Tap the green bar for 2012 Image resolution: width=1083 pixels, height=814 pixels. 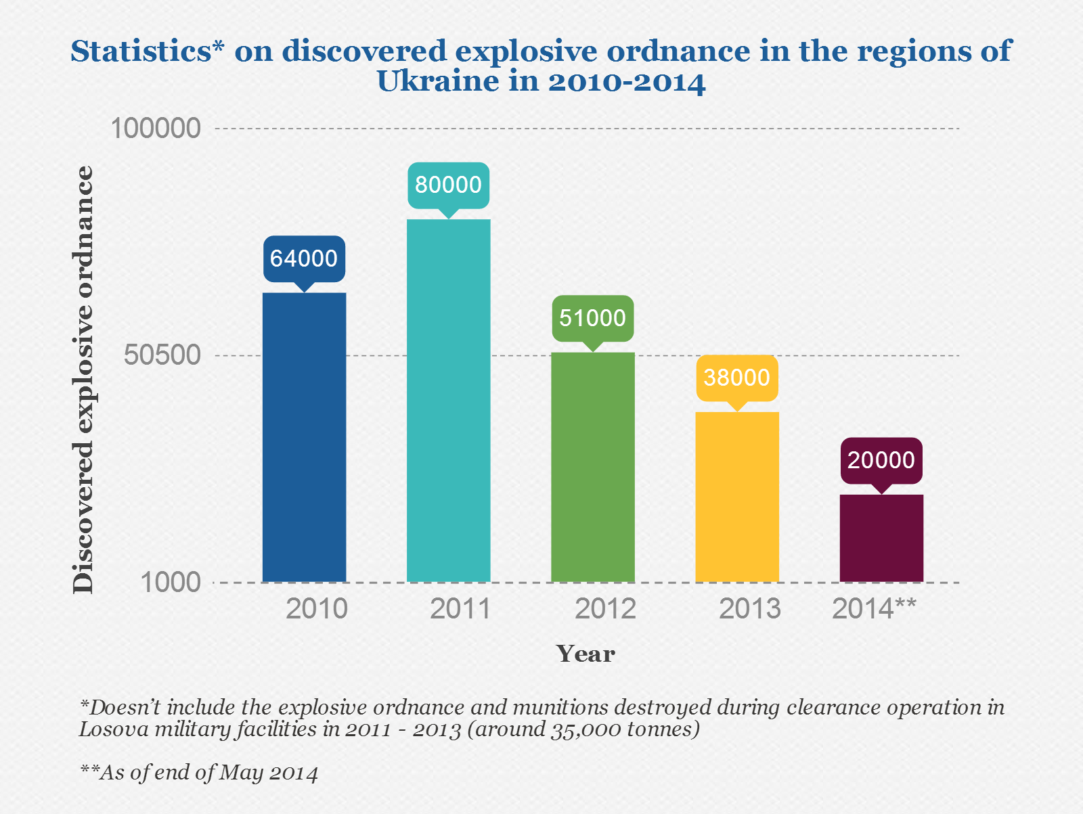tap(593, 467)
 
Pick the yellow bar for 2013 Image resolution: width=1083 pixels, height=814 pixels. tap(737, 497)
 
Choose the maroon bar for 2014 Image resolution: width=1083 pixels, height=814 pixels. tap(881, 538)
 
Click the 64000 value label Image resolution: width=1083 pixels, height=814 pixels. tap(304, 258)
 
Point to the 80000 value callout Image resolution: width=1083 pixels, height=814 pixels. tap(448, 185)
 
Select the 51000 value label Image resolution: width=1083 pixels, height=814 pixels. tap(593, 318)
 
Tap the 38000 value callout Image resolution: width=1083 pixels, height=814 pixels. tap(737, 378)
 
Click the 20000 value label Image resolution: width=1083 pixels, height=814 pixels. tap(881, 460)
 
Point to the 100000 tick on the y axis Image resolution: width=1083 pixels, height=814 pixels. tap(156, 128)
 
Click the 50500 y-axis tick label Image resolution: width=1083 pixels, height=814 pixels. tap(162, 355)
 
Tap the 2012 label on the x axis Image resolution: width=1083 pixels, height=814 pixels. tap(605, 609)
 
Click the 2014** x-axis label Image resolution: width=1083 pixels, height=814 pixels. tap(874, 609)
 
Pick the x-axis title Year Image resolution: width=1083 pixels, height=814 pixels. tap(585, 654)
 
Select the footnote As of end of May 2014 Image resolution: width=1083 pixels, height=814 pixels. tap(200, 773)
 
